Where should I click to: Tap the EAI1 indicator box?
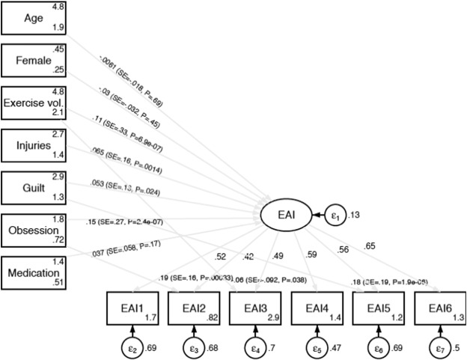132,309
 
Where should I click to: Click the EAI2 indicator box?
192,309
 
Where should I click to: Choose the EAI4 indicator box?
314,309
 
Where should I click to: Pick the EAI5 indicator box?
375,309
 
